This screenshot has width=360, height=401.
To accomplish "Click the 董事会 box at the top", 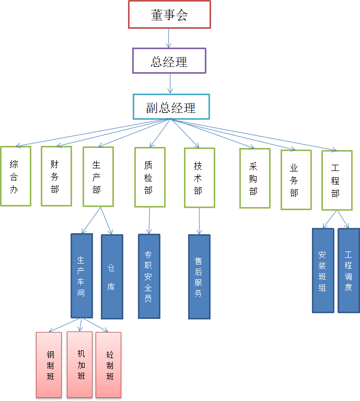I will coord(169,15).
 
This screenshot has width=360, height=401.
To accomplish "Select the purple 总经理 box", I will coord(169,61).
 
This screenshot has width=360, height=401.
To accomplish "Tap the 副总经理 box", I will coord(171,107).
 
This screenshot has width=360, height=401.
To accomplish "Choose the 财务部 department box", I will coord(56,176).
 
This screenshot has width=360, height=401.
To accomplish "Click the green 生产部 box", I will coord(98,176).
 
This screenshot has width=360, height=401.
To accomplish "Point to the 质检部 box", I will coord(150,177).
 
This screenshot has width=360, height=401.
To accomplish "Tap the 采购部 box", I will coord(255,178).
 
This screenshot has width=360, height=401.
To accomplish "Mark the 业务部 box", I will coord(296,180).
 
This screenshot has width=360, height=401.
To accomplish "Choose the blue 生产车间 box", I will coord(82,276).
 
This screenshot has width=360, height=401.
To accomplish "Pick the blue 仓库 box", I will coord(112,277).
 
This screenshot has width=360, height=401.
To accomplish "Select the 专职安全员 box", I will coord(149,276).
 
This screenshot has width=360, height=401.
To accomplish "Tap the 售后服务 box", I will coord(199,277).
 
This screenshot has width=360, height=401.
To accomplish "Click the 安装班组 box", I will coord(323,270).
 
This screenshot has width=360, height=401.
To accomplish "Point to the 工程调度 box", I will coord(349,270).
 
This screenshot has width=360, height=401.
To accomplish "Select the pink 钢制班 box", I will coord(49,364).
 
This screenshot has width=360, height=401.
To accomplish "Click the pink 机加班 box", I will coord(79,364).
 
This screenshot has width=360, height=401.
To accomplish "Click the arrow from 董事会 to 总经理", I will coord(169,38).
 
